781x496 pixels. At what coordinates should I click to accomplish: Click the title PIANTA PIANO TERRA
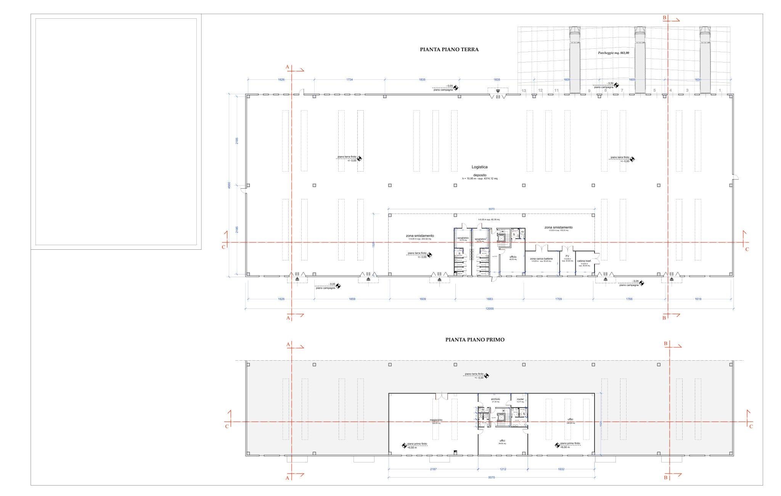[449, 50]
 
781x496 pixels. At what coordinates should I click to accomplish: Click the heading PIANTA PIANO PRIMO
[475, 340]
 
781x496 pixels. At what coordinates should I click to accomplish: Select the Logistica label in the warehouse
[479, 167]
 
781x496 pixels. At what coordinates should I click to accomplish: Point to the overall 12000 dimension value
[489, 309]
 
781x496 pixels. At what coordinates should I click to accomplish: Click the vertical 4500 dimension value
[229, 185]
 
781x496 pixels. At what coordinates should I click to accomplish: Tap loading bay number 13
[524, 91]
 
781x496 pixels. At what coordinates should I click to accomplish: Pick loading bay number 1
[720, 91]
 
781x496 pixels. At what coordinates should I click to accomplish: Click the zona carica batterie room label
[541, 259]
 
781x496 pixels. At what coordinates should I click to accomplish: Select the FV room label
[567, 256]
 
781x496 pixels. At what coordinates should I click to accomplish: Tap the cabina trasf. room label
[584, 261]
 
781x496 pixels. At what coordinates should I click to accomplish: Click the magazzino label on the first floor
[435, 420]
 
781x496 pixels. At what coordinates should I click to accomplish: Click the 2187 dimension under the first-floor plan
[433, 469]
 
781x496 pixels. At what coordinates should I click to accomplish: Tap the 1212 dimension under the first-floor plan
[503, 469]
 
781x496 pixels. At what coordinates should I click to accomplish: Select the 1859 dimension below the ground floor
[352, 299]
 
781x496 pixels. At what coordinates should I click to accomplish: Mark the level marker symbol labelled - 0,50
[616, 85]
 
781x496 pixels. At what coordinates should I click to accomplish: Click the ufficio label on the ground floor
[513, 257]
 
